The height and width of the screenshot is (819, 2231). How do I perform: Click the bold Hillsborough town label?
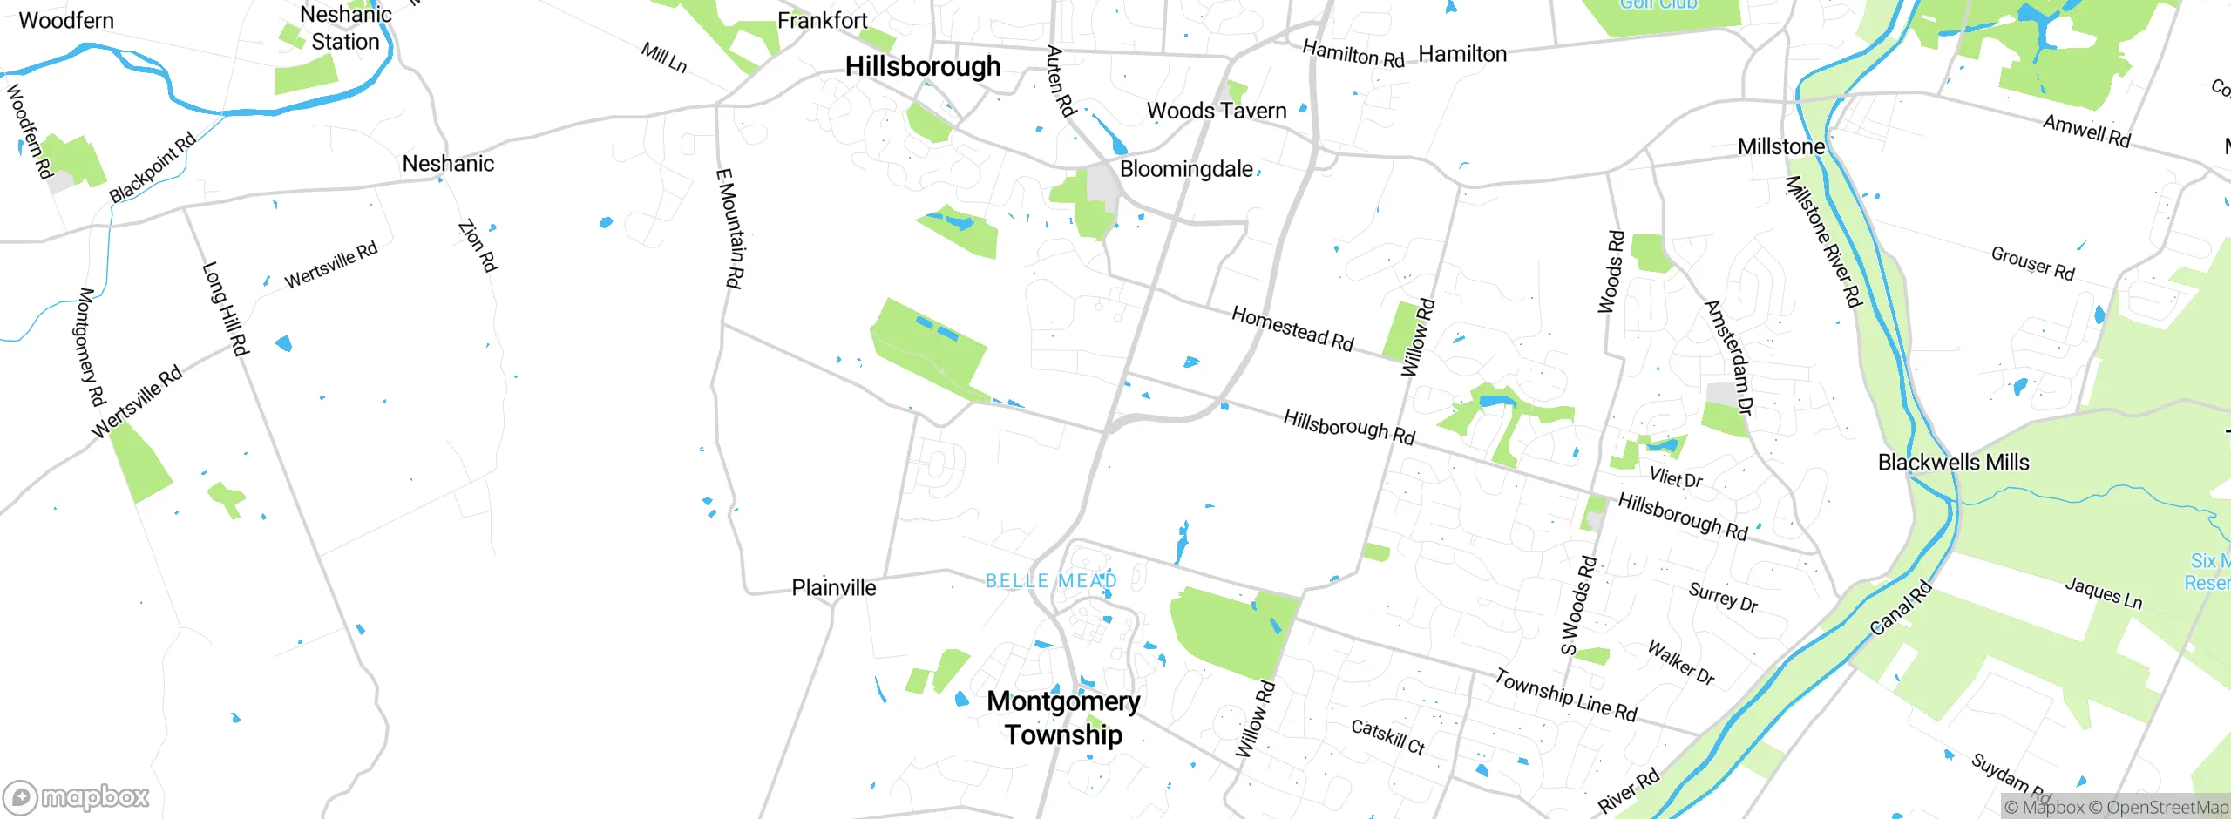922,66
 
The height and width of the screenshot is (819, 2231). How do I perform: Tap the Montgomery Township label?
1063,718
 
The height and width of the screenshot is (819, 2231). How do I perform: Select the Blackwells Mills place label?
1953,463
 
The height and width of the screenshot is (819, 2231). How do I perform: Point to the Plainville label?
833,588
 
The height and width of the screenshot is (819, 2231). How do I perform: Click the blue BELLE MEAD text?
1050,581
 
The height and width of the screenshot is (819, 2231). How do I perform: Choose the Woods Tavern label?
1216,111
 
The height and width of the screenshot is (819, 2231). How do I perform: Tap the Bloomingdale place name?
1185,169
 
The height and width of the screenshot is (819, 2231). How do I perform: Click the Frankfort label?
822,20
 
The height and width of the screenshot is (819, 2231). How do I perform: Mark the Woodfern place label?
66,20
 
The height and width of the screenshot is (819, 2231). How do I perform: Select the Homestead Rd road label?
1292,328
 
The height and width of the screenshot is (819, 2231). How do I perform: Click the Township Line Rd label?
1565,694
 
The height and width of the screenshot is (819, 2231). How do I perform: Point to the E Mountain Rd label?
729,227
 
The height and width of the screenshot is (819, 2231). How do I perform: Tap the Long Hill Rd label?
226,308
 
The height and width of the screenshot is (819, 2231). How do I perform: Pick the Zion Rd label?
478,245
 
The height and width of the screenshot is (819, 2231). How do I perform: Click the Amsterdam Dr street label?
1728,357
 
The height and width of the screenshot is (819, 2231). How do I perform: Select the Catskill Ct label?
1387,737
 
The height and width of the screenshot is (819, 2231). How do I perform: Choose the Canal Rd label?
1901,607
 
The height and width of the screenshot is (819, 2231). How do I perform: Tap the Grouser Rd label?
2032,263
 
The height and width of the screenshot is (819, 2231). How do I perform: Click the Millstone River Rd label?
1822,241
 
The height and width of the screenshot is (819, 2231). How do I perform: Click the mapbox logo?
77,797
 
